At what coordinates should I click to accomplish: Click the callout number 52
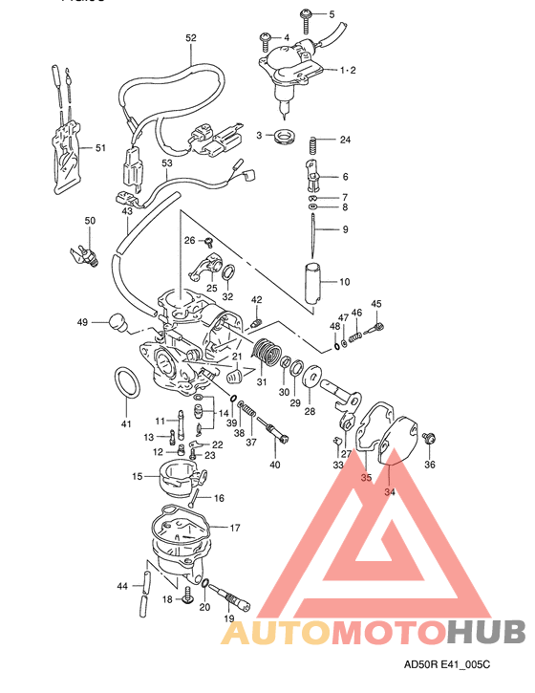[191, 37]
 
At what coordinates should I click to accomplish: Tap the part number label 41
[125, 423]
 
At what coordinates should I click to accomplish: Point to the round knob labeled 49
[117, 322]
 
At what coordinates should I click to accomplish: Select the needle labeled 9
[313, 229]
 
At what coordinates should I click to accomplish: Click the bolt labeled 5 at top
[307, 13]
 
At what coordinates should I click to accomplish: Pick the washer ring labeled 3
[283, 137]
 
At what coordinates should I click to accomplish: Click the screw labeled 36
[429, 438]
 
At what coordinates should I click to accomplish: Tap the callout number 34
[389, 492]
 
